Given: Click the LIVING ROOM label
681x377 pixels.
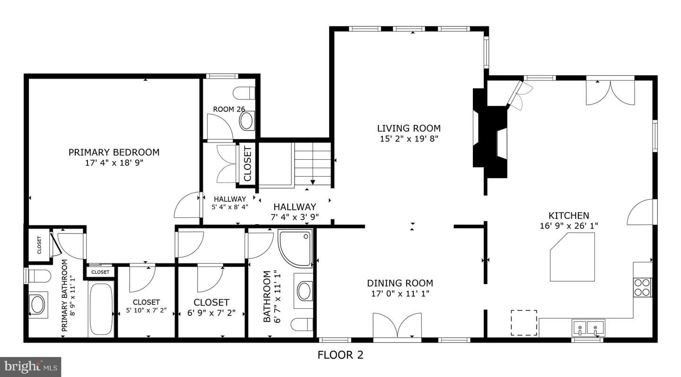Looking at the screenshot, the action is (x=409, y=128).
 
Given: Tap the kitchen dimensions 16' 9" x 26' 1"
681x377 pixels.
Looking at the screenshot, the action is (x=569, y=226).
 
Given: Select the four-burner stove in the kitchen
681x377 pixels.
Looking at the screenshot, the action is (x=643, y=287).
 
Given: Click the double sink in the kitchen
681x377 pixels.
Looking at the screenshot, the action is (x=588, y=328).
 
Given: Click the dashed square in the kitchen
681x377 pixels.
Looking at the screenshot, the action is (x=524, y=323).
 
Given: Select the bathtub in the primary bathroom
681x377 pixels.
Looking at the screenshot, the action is (x=101, y=309).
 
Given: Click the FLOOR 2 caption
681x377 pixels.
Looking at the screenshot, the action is (x=340, y=355).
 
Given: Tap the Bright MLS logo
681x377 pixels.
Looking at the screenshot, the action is (x=30, y=367).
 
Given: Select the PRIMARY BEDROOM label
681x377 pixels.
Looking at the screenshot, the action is (x=114, y=152).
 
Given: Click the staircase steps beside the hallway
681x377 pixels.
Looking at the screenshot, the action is (x=313, y=164).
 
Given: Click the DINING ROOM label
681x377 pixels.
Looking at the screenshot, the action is (x=400, y=283).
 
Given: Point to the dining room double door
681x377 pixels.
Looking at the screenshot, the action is (x=397, y=326).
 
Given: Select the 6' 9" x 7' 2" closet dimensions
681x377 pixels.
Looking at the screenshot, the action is (x=211, y=313).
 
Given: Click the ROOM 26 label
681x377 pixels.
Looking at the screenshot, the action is (x=229, y=109).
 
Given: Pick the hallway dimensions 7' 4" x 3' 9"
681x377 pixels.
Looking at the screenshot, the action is (x=295, y=217).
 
